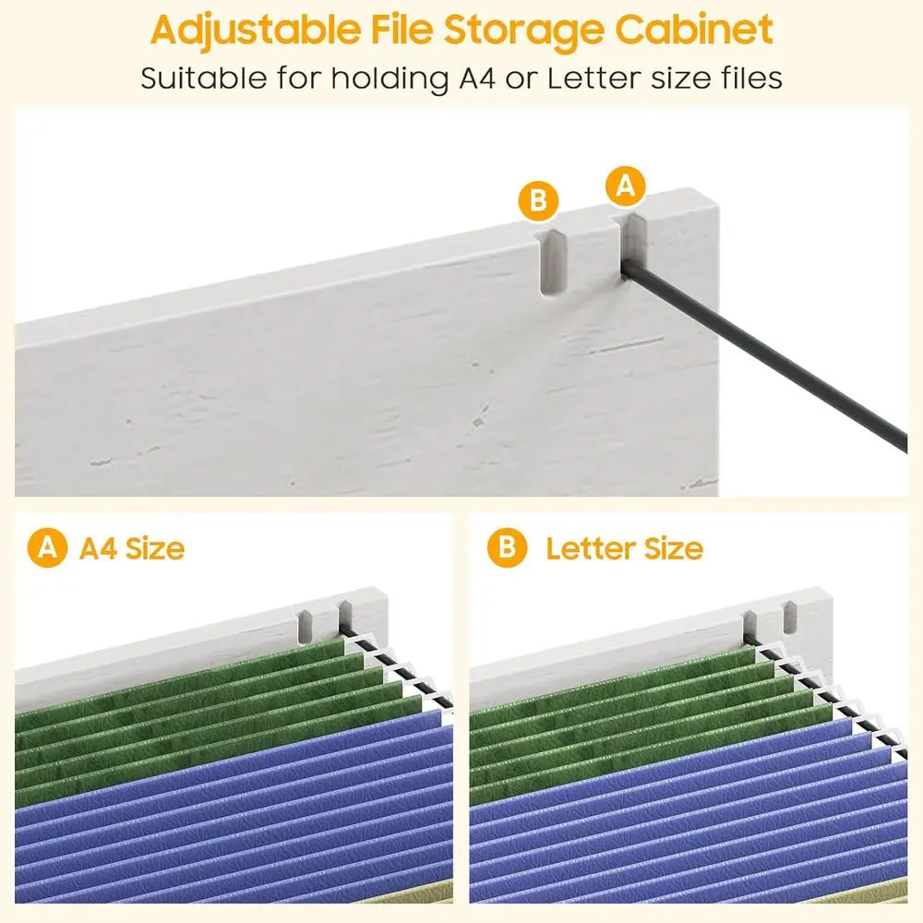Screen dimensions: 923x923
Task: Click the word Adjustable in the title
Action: click(x=256, y=30)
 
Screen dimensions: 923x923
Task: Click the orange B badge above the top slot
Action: click(x=538, y=201)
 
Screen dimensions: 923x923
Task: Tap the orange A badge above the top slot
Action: click(x=625, y=186)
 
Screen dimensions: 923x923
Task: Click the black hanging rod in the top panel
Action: click(x=765, y=354)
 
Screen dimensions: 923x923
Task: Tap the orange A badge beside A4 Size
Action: click(x=47, y=547)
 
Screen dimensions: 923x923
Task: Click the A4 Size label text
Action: click(x=132, y=548)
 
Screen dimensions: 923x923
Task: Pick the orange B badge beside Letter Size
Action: click(x=507, y=547)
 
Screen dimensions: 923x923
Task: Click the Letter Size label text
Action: click(x=625, y=548)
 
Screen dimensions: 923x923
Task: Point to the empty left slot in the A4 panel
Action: click(x=305, y=628)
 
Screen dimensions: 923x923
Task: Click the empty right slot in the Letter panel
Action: click(x=790, y=618)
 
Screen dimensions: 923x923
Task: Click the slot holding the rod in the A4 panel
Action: click(x=345, y=617)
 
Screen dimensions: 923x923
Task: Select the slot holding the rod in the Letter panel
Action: click(x=749, y=627)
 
